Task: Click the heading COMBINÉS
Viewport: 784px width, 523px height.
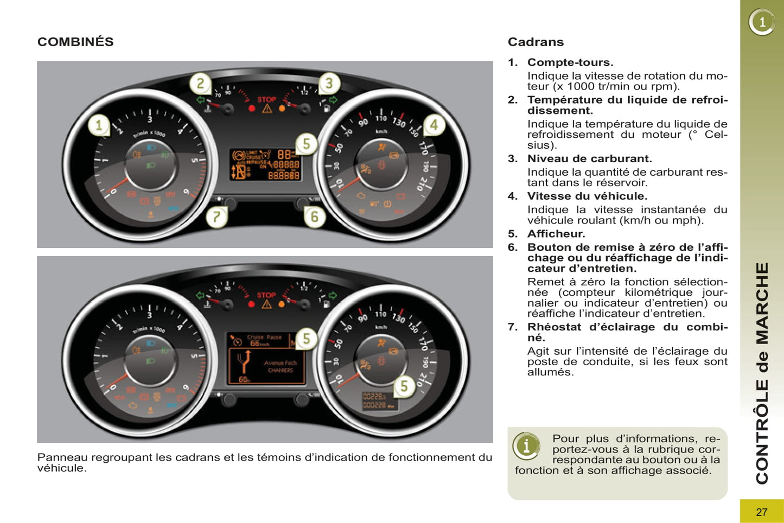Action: [75, 42]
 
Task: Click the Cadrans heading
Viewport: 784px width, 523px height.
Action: [536, 42]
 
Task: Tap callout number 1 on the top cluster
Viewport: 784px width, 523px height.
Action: [99, 125]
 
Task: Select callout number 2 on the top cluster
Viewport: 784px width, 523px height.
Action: [200, 84]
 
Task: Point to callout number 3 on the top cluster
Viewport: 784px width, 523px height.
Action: [328, 84]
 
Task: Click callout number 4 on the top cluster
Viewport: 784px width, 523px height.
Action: [434, 125]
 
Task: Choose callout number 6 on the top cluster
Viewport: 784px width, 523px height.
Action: [314, 217]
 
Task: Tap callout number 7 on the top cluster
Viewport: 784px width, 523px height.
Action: [216, 217]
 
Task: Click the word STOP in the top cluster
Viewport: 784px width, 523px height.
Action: [266, 99]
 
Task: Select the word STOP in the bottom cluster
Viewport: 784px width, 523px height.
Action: [266, 295]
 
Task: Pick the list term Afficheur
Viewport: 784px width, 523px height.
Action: [556, 234]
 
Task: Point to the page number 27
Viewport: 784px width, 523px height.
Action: [762, 512]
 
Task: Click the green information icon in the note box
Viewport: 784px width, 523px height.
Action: [526, 446]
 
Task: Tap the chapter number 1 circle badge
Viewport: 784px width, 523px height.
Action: [762, 22]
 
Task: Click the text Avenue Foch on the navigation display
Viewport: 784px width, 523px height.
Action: [280, 363]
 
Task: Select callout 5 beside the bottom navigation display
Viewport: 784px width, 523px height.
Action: [306, 339]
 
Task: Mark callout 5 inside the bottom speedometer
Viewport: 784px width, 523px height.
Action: [404, 386]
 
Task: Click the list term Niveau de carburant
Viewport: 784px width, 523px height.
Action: [589, 158]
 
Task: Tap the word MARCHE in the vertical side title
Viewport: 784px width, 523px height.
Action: [762, 304]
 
